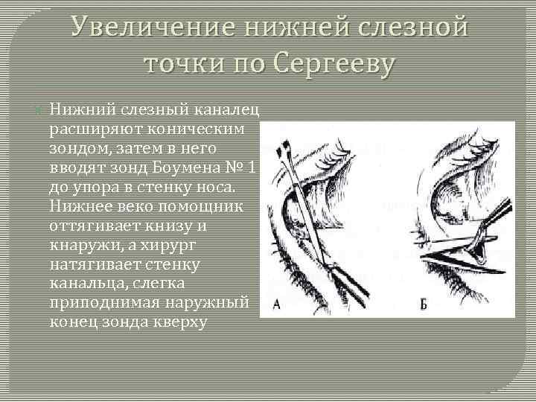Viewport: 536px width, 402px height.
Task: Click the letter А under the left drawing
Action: coord(277,305)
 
